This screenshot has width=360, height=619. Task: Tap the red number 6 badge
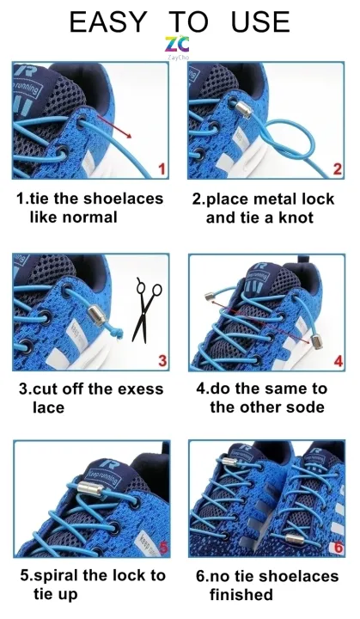click(338, 546)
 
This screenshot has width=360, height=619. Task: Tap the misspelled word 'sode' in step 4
click(307, 407)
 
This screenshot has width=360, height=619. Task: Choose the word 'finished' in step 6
click(241, 595)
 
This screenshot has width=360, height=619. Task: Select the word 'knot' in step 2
click(294, 218)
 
